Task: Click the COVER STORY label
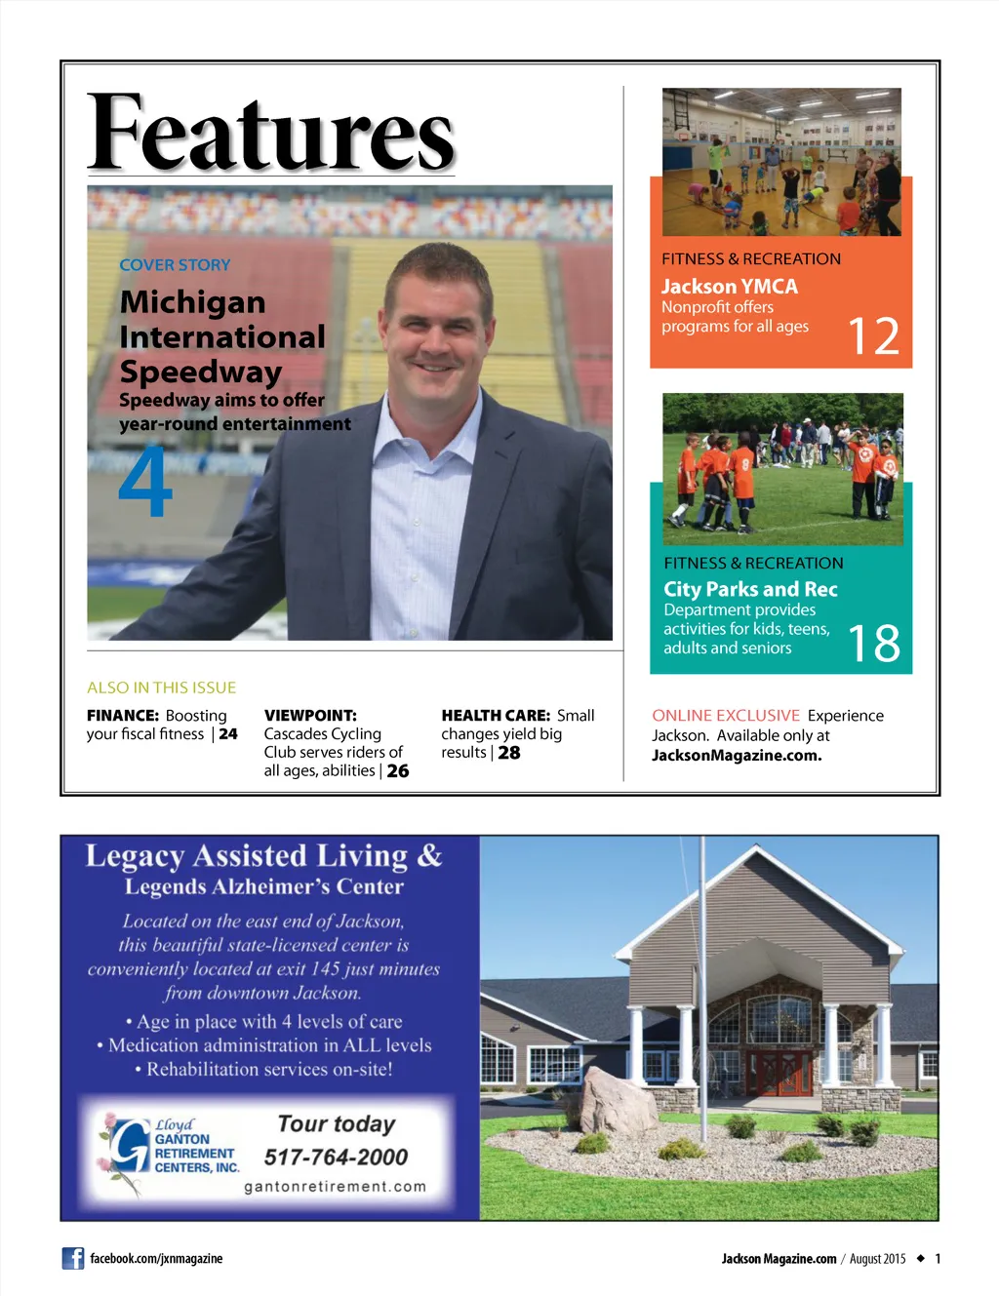tap(175, 265)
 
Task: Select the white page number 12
tap(873, 336)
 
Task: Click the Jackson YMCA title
tap(729, 287)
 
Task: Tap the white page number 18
tap(873, 644)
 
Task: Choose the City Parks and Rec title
tap(750, 589)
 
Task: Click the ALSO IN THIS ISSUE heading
tap(161, 687)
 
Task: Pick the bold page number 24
tap(228, 734)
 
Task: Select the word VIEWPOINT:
tap(310, 716)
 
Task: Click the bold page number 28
tap(509, 753)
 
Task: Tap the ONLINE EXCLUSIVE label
tap(726, 716)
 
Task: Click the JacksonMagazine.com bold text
tap(737, 755)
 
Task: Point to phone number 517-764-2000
tap(336, 1158)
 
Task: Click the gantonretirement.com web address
tap(335, 1187)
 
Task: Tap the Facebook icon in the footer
tap(73, 1258)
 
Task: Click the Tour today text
tap(337, 1124)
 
